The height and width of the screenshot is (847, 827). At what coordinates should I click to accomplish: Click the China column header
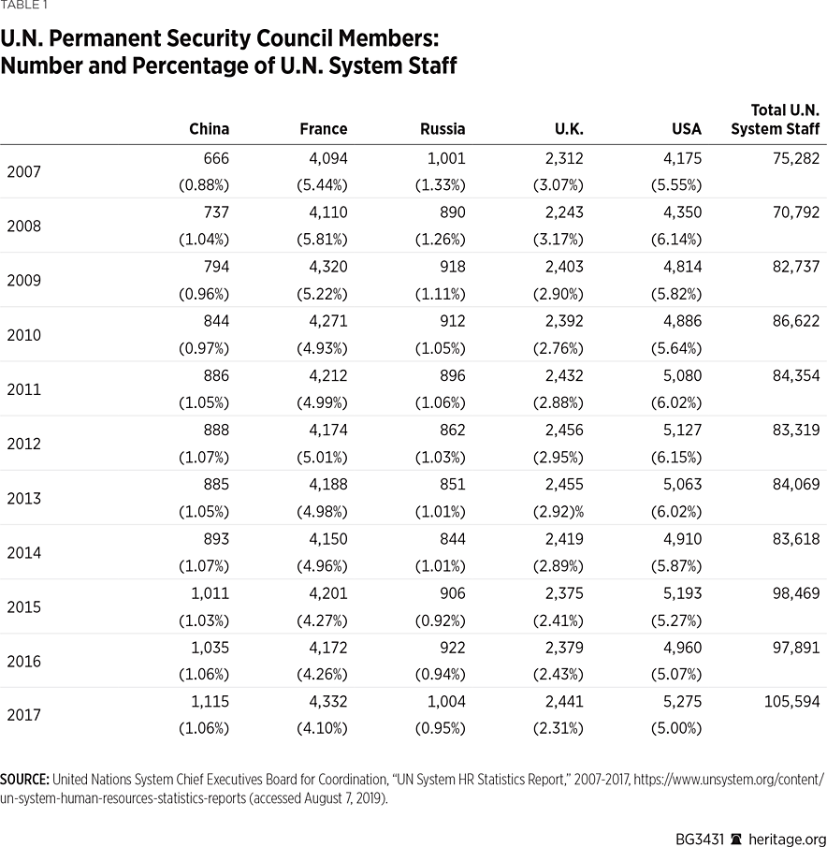click(209, 129)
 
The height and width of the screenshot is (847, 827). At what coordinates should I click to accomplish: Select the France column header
click(323, 129)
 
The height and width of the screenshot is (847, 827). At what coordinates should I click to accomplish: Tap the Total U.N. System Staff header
click(775, 120)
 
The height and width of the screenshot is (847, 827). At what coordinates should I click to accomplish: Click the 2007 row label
click(23, 171)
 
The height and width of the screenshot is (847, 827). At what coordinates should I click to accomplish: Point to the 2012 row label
click(23, 444)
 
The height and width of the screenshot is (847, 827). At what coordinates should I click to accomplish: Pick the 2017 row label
click(23, 715)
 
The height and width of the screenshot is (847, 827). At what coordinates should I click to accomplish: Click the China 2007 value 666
click(215, 158)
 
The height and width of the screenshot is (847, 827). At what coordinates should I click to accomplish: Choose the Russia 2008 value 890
click(451, 212)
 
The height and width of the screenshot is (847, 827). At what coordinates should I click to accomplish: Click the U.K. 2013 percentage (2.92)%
click(556, 511)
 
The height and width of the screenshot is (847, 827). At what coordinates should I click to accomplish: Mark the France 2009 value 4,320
click(327, 267)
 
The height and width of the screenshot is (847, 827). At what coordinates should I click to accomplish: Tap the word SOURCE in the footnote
click(24, 779)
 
